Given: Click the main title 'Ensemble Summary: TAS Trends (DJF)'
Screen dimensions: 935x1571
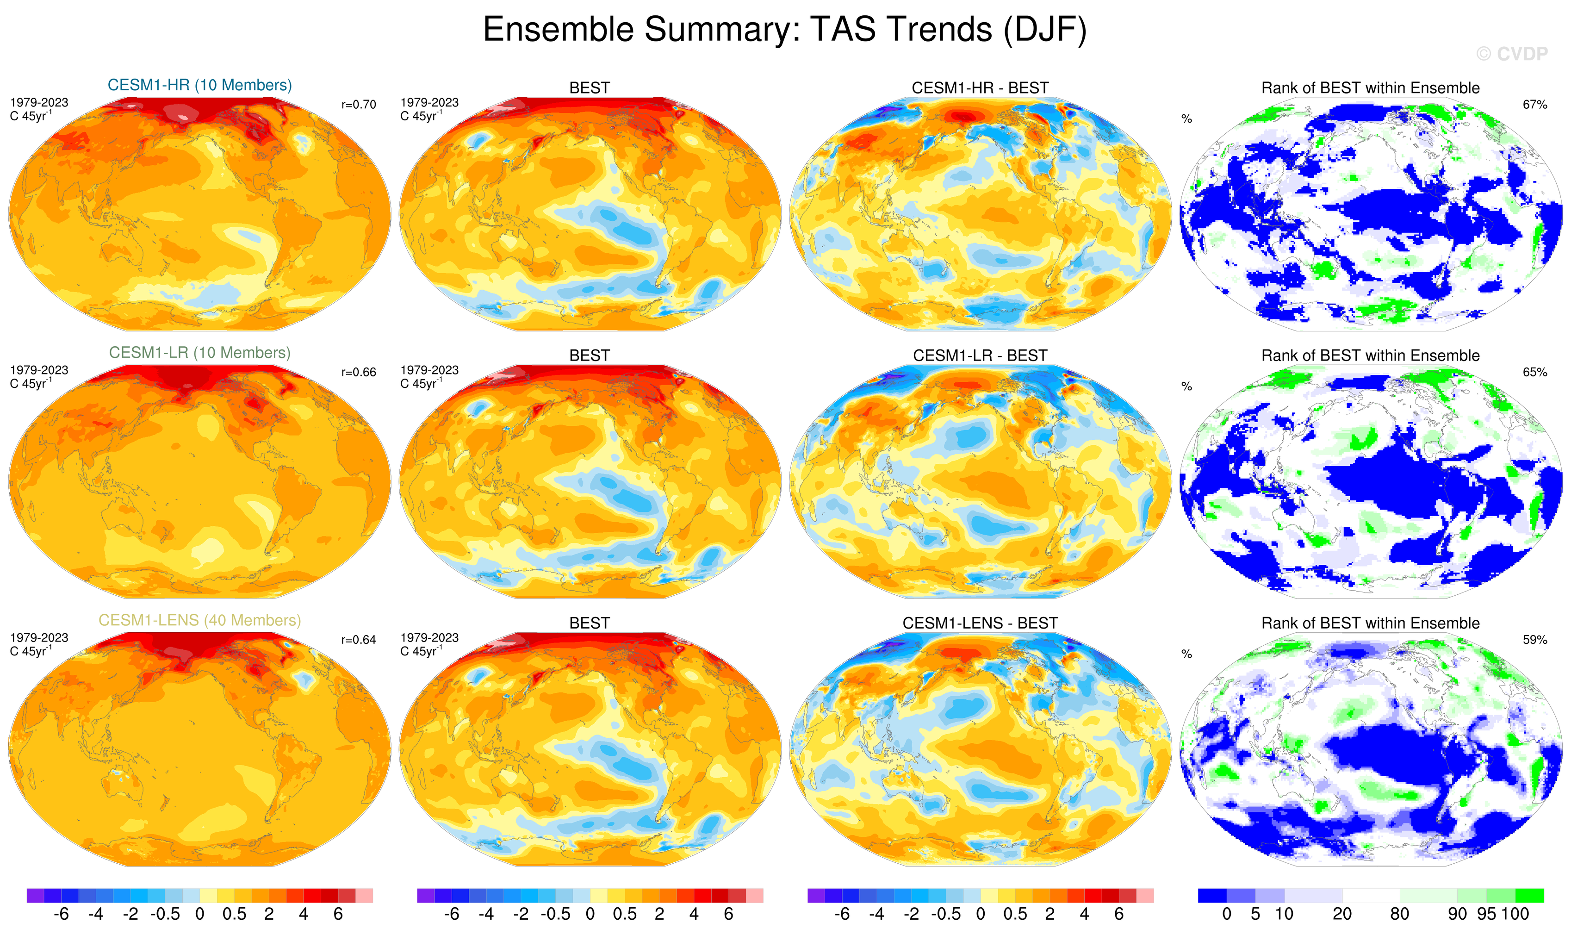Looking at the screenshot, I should (784, 30).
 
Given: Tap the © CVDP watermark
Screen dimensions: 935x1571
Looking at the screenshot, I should (1511, 54).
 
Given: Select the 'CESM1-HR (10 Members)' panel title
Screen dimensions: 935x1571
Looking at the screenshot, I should (200, 85).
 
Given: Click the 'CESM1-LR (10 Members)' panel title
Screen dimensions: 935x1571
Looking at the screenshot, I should (200, 353).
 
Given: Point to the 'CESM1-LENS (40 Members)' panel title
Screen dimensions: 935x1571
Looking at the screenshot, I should (200, 621).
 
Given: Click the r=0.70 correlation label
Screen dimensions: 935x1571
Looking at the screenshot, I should (359, 105).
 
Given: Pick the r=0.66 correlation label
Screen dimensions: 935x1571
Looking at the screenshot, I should (359, 372).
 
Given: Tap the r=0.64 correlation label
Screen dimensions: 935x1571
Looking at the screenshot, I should (359, 640).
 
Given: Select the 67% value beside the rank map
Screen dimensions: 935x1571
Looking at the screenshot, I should (1534, 105).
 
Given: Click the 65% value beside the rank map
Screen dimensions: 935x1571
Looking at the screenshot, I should (1534, 372).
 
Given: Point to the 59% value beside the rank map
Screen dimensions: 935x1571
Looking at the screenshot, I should (1534, 640).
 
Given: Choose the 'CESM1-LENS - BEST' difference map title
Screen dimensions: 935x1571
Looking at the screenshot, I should (980, 623).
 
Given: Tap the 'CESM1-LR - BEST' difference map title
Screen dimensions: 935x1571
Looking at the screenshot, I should (980, 356).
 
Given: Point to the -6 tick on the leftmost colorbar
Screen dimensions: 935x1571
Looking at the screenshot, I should (61, 914).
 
